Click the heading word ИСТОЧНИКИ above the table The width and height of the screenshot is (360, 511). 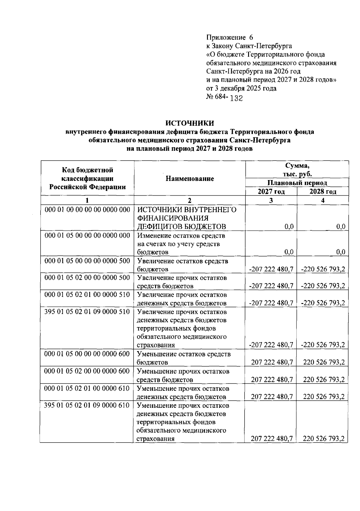tap(190, 123)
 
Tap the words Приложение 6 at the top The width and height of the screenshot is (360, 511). tap(230, 38)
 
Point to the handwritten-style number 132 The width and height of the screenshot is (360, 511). tap(236, 98)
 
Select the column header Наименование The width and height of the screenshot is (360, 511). tap(190, 179)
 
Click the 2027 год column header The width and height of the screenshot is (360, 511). tap(271, 192)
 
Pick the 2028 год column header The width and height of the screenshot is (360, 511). tap(323, 192)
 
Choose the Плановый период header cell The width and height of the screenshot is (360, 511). tap(297, 183)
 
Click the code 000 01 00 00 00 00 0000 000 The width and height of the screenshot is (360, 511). tap(87, 210)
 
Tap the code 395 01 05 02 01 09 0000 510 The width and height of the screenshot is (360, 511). tap(87, 312)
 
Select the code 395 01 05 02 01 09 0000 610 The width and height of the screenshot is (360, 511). tap(87, 405)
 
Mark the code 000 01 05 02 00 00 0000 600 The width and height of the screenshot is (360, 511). tap(87, 371)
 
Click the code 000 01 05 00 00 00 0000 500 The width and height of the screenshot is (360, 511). tap(87, 261)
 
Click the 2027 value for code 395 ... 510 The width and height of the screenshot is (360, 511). tap(271, 345)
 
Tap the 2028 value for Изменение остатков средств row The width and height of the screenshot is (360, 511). tap(340, 252)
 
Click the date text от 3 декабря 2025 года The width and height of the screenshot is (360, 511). tap(241, 89)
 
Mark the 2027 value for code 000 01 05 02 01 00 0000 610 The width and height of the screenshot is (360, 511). tap(272, 397)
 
